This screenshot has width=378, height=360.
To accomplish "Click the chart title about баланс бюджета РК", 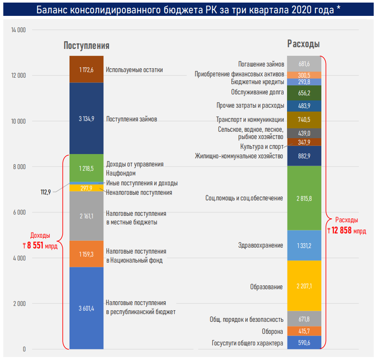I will pos(189,9).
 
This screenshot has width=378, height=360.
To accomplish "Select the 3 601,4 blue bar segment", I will pos(86,308).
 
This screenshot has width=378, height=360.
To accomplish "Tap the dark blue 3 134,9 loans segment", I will pos(86,119).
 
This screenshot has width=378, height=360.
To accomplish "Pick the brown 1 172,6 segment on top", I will pos(86,70).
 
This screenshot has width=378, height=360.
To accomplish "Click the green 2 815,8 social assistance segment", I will pos(304,198).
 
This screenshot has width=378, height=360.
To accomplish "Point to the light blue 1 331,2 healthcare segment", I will pos(304,245).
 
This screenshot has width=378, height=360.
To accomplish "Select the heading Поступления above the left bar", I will pos(86,45).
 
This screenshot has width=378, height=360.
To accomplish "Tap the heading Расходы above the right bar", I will pos(303,44).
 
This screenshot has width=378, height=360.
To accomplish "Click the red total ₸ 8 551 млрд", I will pos(40,245).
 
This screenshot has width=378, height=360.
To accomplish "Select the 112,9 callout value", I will pos(46,192).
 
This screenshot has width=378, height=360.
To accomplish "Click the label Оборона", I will pos(272,332).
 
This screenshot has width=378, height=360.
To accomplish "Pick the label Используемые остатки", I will pos(134,70).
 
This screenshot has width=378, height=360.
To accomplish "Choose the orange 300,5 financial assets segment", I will pos(304,75).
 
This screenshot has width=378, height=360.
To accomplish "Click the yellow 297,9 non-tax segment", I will pos(86,188).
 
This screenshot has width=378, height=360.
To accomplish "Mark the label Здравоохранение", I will pos(260,245).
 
